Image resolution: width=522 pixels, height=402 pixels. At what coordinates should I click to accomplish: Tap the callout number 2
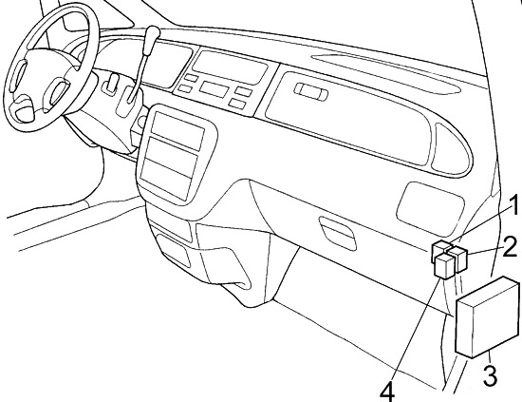(511, 249)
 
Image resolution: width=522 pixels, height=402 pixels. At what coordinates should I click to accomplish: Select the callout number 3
(489, 374)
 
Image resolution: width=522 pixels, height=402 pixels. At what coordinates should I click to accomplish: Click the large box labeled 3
(486, 316)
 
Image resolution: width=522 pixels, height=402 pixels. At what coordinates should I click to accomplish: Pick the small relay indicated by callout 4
(443, 267)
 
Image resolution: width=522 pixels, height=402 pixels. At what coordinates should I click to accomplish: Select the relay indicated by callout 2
(459, 256)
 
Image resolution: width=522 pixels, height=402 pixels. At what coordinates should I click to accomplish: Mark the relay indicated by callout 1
(442, 251)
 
